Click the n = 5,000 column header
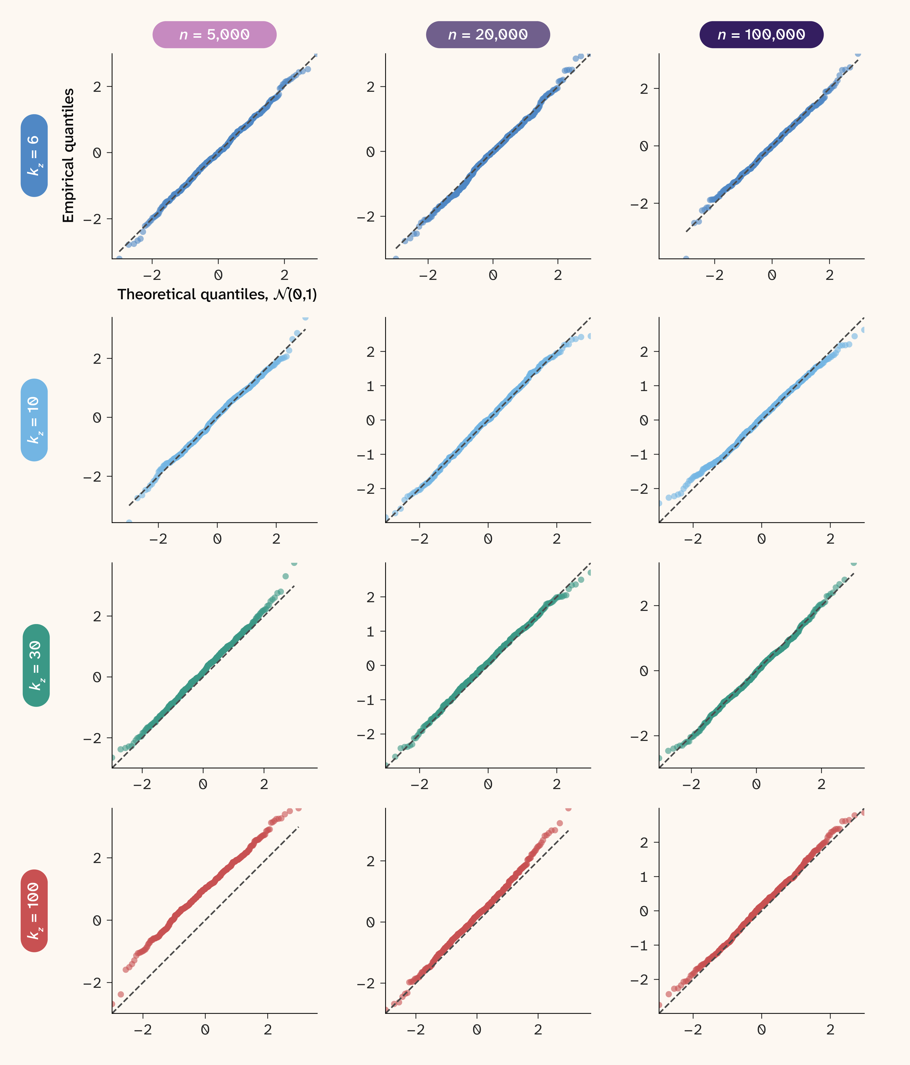[x=214, y=34]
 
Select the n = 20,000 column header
[x=488, y=34]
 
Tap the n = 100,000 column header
[x=761, y=34]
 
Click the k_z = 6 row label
[x=34, y=155]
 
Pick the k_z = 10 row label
[x=34, y=420]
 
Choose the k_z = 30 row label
[x=36, y=665]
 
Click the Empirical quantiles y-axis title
[x=68, y=155]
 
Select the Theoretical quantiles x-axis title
[x=217, y=295]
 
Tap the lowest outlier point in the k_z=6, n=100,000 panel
[x=686, y=258]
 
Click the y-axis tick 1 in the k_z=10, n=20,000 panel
[x=370, y=386]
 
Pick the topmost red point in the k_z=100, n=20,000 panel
[x=568, y=808]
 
